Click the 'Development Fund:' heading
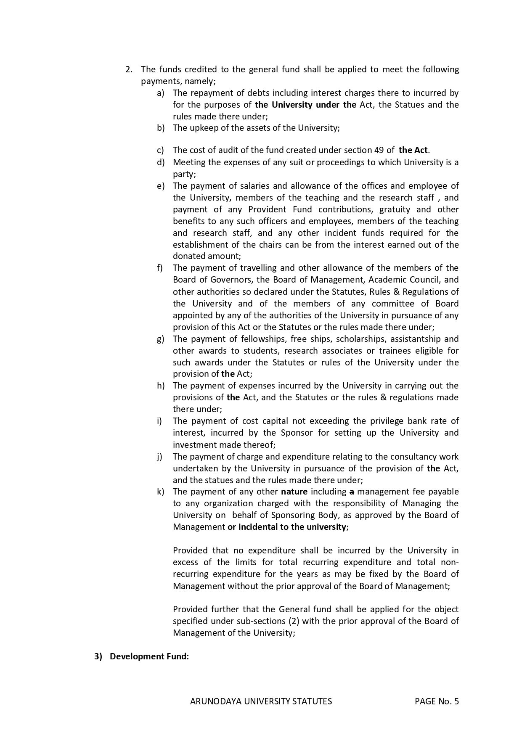pos(149,656)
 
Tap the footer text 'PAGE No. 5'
pos(436,701)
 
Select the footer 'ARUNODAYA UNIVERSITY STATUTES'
pos(261,701)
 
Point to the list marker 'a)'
pos(160,93)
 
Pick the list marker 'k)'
pos(160,492)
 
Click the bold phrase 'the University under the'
pos(305,105)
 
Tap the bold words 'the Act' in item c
pos(413,150)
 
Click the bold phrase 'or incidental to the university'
pos(287,527)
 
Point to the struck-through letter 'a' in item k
pos(351,492)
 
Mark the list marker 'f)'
pos(160,268)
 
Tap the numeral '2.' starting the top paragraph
pos(129,69)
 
